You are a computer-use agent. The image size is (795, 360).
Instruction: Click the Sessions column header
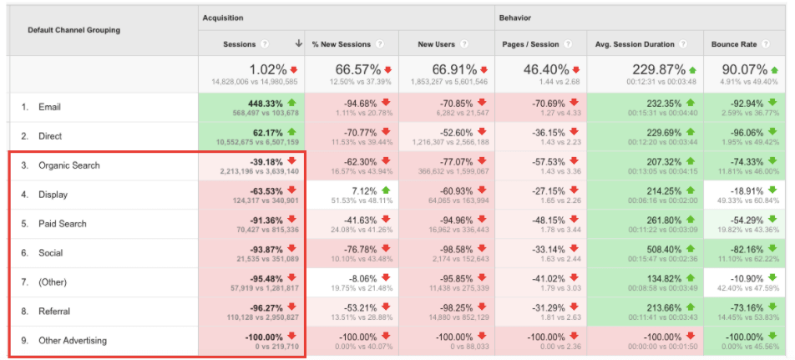pos(240,43)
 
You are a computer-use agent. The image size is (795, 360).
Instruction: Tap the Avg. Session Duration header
pos(634,43)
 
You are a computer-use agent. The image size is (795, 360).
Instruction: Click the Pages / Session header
pos(531,43)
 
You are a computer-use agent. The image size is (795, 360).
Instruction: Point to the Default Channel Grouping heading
pos(73,30)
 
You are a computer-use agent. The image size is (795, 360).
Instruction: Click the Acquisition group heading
pos(223,17)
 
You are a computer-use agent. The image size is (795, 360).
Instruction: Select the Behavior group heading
pos(515,17)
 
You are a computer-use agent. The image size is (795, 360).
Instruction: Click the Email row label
pos(49,107)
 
